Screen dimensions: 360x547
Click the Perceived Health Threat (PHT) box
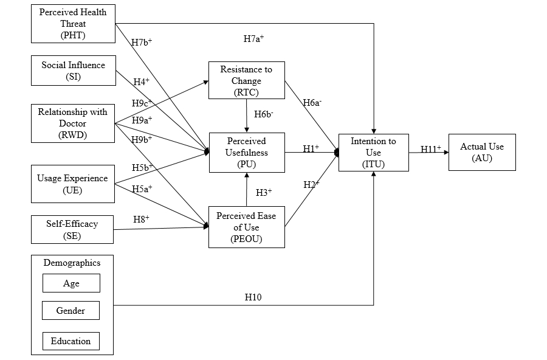(x=73, y=24)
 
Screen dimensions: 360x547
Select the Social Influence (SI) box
(x=73, y=71)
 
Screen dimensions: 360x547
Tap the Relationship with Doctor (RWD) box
(x=73, y=123)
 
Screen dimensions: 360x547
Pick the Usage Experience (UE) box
(x=73, y=184)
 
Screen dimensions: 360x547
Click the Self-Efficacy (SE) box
(x=73, y=229)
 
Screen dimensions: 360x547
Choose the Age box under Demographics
(x=71, y=283)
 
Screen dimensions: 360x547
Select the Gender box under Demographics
(x=71, y=311)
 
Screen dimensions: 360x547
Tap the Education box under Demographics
(x=71, y=341)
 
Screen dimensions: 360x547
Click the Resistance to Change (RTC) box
(x=246, y=80)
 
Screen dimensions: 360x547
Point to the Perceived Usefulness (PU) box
(x=246, y=153)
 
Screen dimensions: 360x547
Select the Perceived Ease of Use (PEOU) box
(x=246, y=227)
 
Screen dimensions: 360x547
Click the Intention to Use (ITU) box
(x=373, y=153)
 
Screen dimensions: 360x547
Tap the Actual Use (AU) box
(x=482, y=152)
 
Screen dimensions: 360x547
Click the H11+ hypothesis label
(x=431, y=148)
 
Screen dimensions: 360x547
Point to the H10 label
(x=253, y=297)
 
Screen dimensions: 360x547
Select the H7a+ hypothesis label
(x=253, y=39)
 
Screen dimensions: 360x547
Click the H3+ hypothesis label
(x=263, y=193)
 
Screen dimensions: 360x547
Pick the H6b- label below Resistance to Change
(x=263, y=114)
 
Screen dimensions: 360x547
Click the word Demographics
(x=72, y=263)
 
